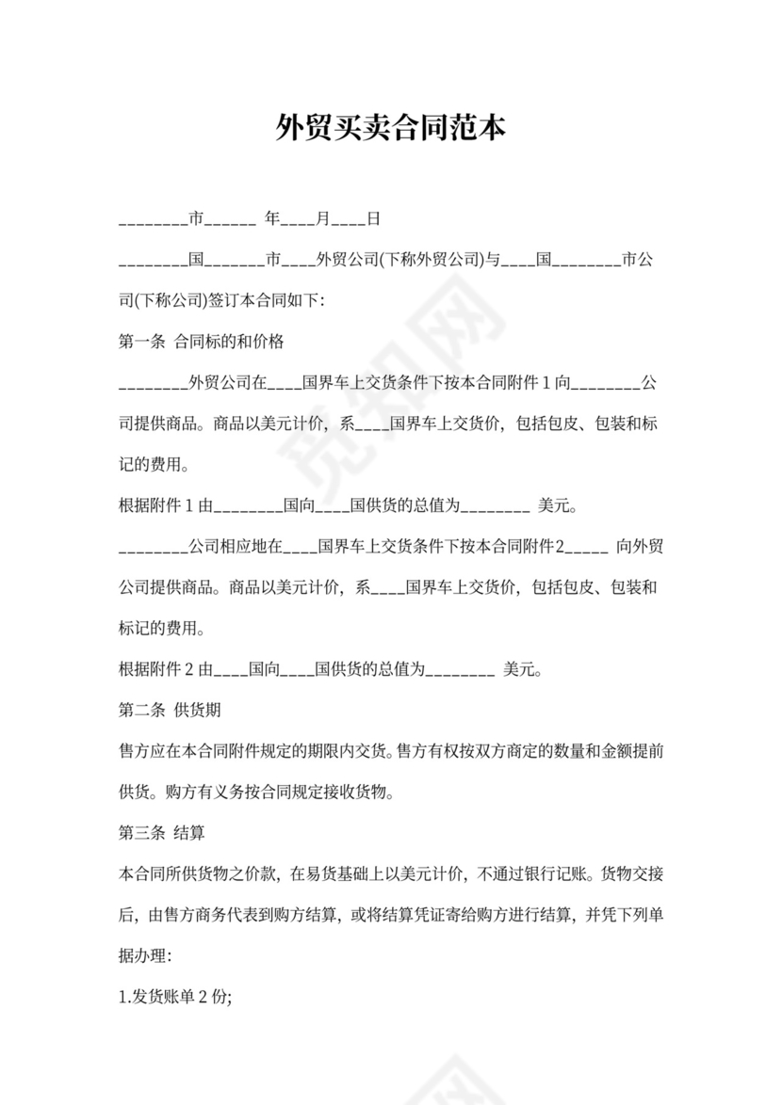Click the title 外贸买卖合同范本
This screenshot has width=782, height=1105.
pos(391,128)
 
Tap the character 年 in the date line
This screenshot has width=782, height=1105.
pos(272,220)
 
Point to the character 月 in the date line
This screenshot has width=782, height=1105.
pos(323,220)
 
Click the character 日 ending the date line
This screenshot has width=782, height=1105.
pos(373,220)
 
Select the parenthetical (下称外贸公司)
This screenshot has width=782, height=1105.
pos(431,260)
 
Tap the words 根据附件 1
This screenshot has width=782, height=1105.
pos(156,506)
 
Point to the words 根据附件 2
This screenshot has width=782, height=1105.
pos(156,670)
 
